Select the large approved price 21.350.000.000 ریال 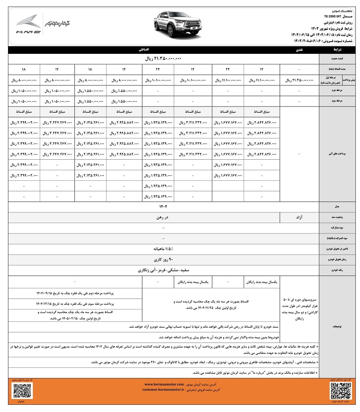point(163,59)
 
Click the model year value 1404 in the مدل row point(163,207)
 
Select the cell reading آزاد point(299,217)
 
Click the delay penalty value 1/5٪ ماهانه point(163,249)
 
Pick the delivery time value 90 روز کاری point(163,260)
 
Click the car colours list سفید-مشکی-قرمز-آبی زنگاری point(163,270)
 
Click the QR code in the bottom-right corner point(340,391)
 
